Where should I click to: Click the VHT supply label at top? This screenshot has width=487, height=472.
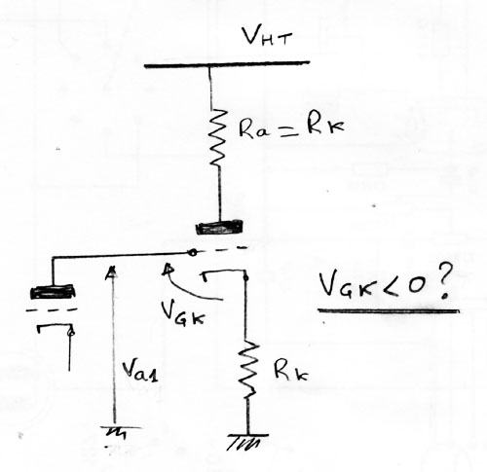coord(267,37)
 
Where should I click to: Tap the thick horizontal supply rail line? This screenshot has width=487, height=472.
coord(227,64)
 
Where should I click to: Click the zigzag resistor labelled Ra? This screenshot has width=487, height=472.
coord(217,138)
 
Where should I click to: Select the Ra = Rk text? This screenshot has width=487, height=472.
coord(291,127)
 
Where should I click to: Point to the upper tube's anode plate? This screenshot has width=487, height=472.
coord(219,227)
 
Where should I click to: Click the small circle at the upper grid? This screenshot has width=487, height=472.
coord(192,252)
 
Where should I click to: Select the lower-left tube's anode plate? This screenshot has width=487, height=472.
coord(53,291)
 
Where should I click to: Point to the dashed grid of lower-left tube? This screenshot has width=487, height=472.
coord(52,310)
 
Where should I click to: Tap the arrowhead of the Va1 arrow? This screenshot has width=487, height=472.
coord(112,272)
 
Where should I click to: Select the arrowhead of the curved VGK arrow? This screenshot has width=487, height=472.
coord(169,270)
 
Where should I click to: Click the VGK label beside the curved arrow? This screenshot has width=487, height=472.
coord(183,313)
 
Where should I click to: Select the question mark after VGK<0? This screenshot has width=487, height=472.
coord(442,283)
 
